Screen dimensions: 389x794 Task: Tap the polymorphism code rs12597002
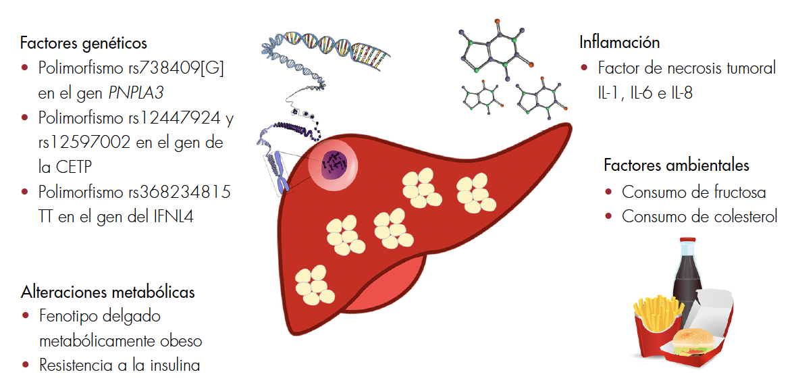click(x=82, y=143)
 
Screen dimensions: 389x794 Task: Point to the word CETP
click(x=74, y=167)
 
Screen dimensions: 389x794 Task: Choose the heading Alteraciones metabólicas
click(x=108, y=292)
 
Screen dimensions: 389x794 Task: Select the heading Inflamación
click(x=619, y=43)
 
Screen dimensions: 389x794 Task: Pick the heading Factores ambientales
click(x=677, y=166)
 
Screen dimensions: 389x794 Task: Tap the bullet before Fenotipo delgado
click(x=26, y=316)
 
